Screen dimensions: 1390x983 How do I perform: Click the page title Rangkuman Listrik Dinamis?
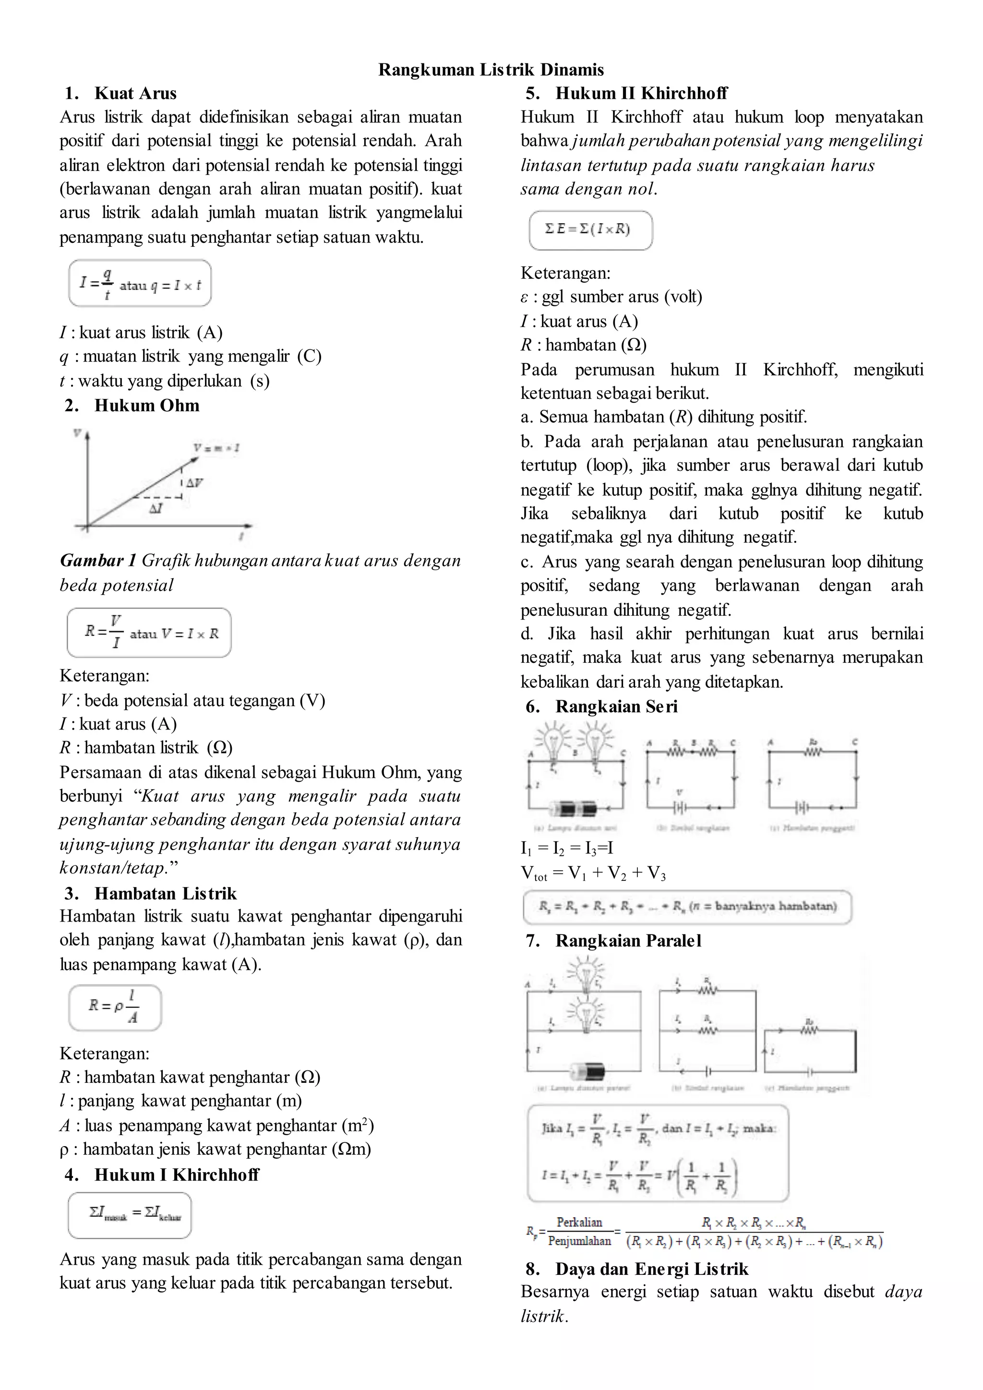coord(491,70)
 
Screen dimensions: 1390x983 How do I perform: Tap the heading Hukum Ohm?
coord(146,406)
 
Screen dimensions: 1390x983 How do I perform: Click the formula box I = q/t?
coord(140,283)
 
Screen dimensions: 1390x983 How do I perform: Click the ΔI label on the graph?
coord(156,509)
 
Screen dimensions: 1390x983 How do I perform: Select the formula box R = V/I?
coord(149,633)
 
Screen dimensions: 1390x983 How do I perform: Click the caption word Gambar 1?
coord(98,561)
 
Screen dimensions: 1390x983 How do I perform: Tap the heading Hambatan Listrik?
coord(165,894)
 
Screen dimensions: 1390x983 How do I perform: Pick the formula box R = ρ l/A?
coord(114,1007)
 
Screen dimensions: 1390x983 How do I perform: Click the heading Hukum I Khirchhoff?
coord(176,1174)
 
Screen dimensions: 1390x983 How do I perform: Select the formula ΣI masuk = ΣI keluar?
coord(130,1214)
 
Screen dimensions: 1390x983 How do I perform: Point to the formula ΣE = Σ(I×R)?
coord(590,230)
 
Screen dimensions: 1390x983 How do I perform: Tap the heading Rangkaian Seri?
coord(616,707)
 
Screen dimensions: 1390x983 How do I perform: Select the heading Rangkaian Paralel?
coord(628,940)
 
